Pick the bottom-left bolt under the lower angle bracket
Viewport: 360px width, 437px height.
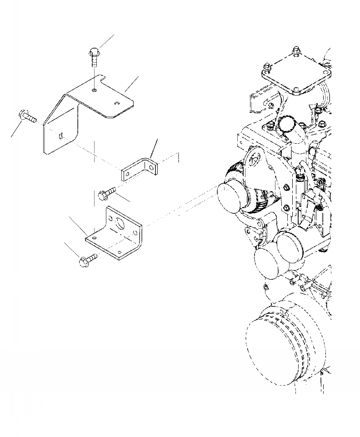coord(88,261)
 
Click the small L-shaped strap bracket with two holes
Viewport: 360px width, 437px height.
coord(140,169)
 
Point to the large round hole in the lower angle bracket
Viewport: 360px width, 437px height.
coord(121,224)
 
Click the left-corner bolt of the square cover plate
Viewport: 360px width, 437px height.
coord(266,70)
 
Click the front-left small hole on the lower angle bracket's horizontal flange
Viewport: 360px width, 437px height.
coord(94,237)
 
